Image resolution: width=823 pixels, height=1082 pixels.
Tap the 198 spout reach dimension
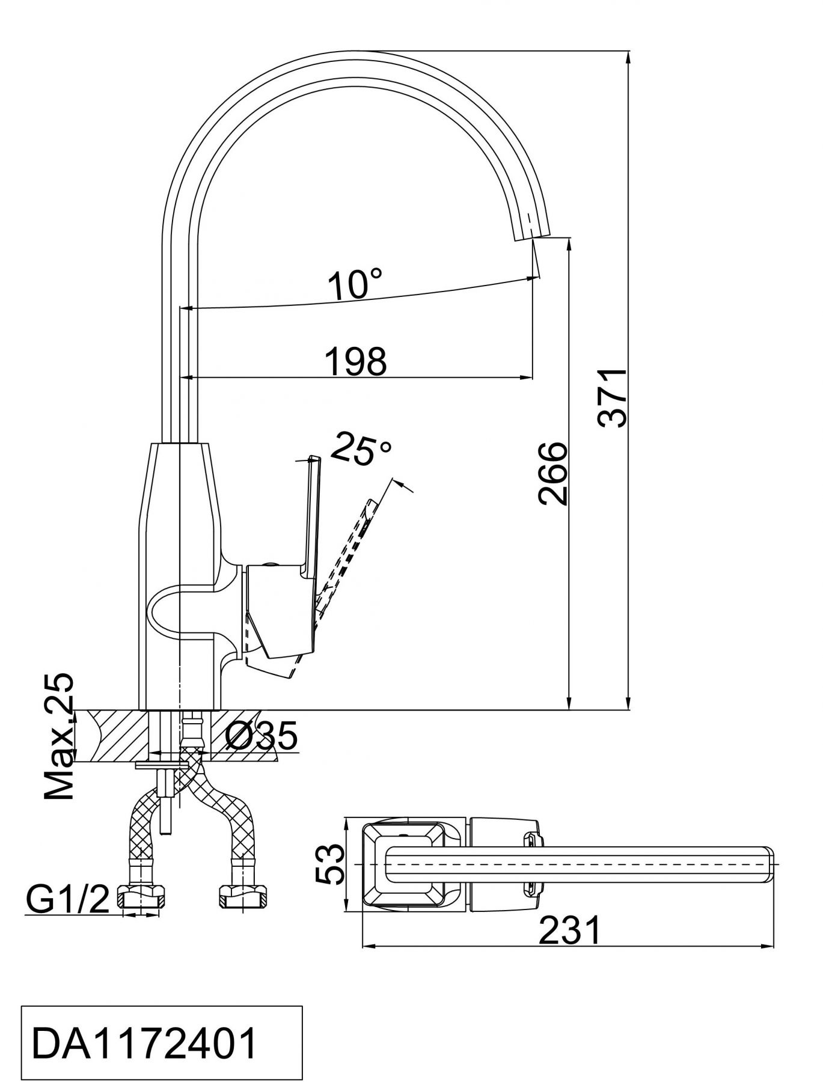pyautogui.click(x=355, y=361)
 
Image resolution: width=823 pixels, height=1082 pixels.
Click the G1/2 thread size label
pyautogui.click(x=67, y=899)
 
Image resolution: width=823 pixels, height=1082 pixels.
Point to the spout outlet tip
pyautogui.click(x=533, y=236)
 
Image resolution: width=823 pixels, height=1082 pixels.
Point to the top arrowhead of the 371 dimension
pyautogui.click(x=629, y=57)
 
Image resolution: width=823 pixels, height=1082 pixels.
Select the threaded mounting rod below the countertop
pyautogui.click(x=165, y=798)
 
